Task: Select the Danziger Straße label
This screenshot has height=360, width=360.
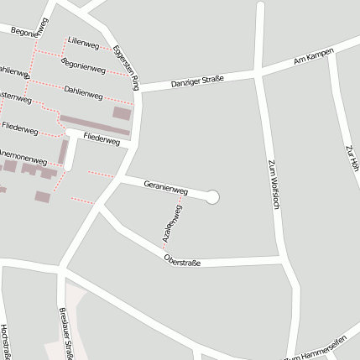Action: [197, 81]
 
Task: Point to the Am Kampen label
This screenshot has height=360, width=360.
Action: [314, 56]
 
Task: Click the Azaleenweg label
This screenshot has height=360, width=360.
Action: [172, 221]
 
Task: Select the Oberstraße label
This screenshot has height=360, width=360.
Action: [182, 260]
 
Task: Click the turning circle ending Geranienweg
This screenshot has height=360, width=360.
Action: [212, 196]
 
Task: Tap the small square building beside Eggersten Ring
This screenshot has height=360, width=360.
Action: [122, 112]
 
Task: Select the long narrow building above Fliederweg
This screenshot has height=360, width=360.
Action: [95, 126]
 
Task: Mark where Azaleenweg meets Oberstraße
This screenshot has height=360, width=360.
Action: [163, 249]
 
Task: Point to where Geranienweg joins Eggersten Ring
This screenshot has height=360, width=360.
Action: [121, 178]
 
